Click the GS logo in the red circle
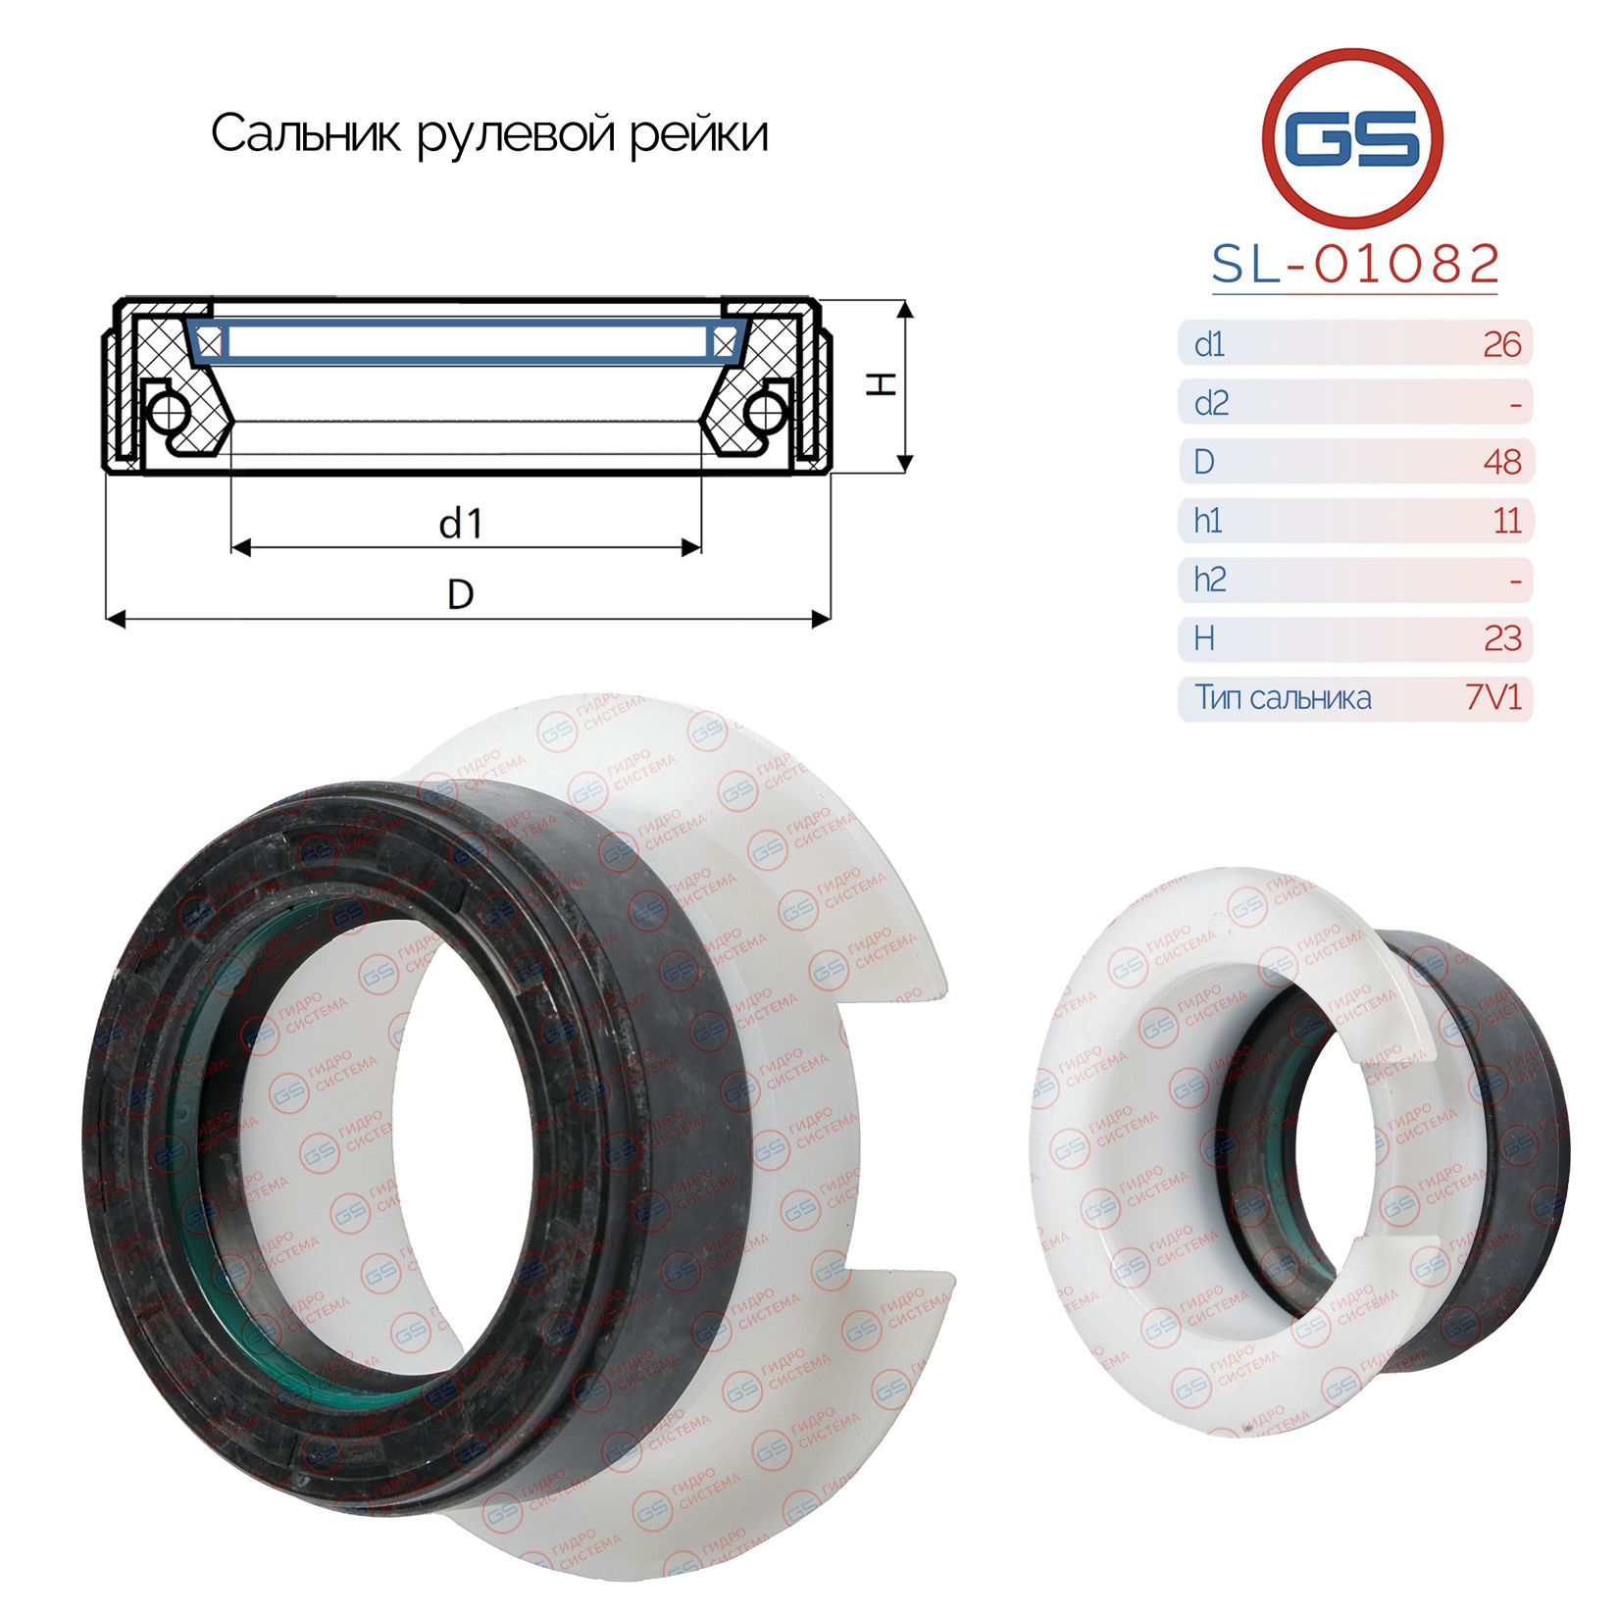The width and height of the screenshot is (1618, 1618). point(1352,136)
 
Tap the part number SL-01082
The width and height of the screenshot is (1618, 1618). point(1355,264)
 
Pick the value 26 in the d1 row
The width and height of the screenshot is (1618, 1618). point(1501,344)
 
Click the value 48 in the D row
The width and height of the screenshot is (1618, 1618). point(1502,462)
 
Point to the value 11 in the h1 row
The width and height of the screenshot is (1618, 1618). point(1507,521)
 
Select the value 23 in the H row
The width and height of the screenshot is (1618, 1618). point(1502,638)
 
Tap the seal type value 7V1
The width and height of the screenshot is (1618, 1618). point(1492,697)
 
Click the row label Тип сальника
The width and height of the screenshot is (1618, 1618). point(1283,697)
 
